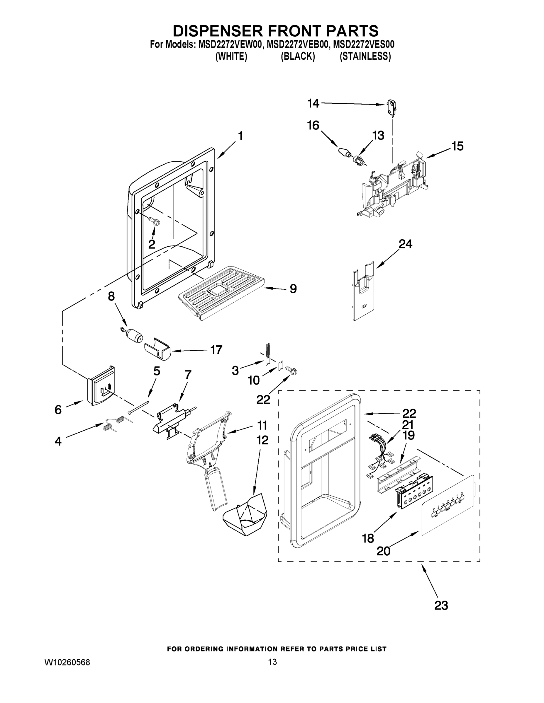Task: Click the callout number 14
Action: (x=313, y=103)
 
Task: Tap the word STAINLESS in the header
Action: (x=365, y=56)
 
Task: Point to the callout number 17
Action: (x=216, y=349)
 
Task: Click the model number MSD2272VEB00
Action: (x=297, y=44)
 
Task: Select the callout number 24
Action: (x=405, y=244)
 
